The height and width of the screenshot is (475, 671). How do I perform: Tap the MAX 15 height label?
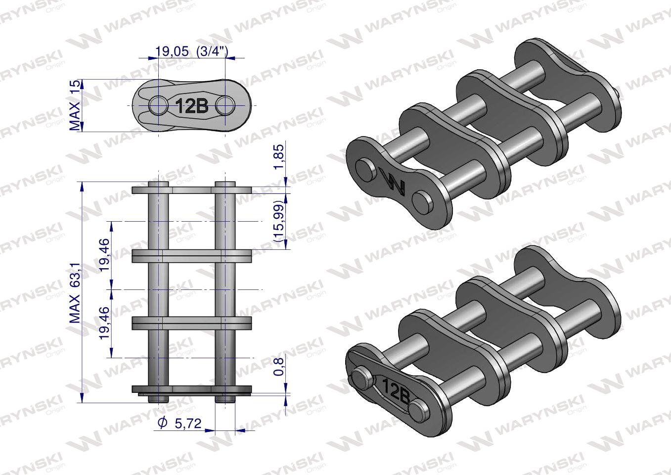(x=75, y=106)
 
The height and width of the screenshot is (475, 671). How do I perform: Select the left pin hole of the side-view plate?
(x=158, y=105)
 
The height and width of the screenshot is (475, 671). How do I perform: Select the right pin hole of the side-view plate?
(x=225, y=105)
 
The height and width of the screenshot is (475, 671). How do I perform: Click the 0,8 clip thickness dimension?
(x=279, y=367)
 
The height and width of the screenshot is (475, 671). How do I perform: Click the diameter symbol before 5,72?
(x=162, y=423)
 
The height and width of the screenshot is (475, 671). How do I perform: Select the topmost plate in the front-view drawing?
(x=192, y=190)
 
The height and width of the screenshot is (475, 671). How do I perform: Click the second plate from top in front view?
(x=192, y=256)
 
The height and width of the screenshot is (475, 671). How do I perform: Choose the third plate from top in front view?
(x=192, y=323)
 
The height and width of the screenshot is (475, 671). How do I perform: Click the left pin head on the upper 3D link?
(x=366, y=168)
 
